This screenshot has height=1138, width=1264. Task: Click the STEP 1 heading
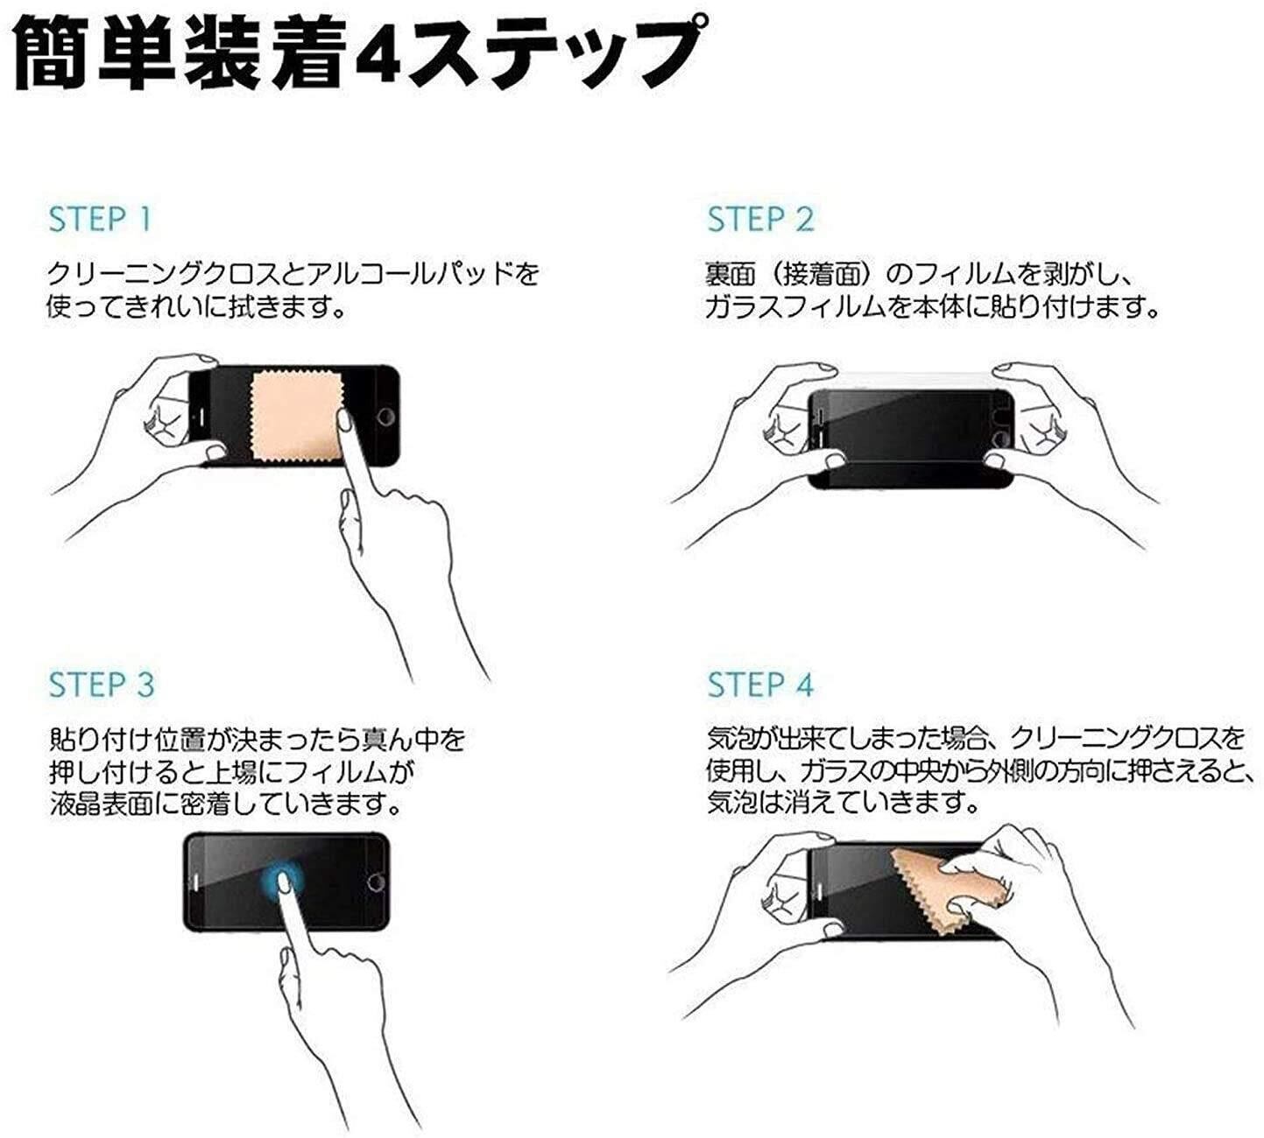[x=100, y=220]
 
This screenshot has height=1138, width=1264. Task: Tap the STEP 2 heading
[x=760, y=220]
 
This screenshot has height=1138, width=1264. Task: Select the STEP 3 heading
[x=102, y=685]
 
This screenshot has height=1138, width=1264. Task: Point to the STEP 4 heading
[x=760, y=685]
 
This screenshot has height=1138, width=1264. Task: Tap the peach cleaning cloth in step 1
[x=296, y=418]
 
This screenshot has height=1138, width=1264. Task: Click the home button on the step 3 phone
[x=376, y=881]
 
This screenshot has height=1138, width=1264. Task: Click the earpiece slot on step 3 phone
[x=196, y=881]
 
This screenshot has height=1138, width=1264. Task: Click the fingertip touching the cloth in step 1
[x=344, y=421]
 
